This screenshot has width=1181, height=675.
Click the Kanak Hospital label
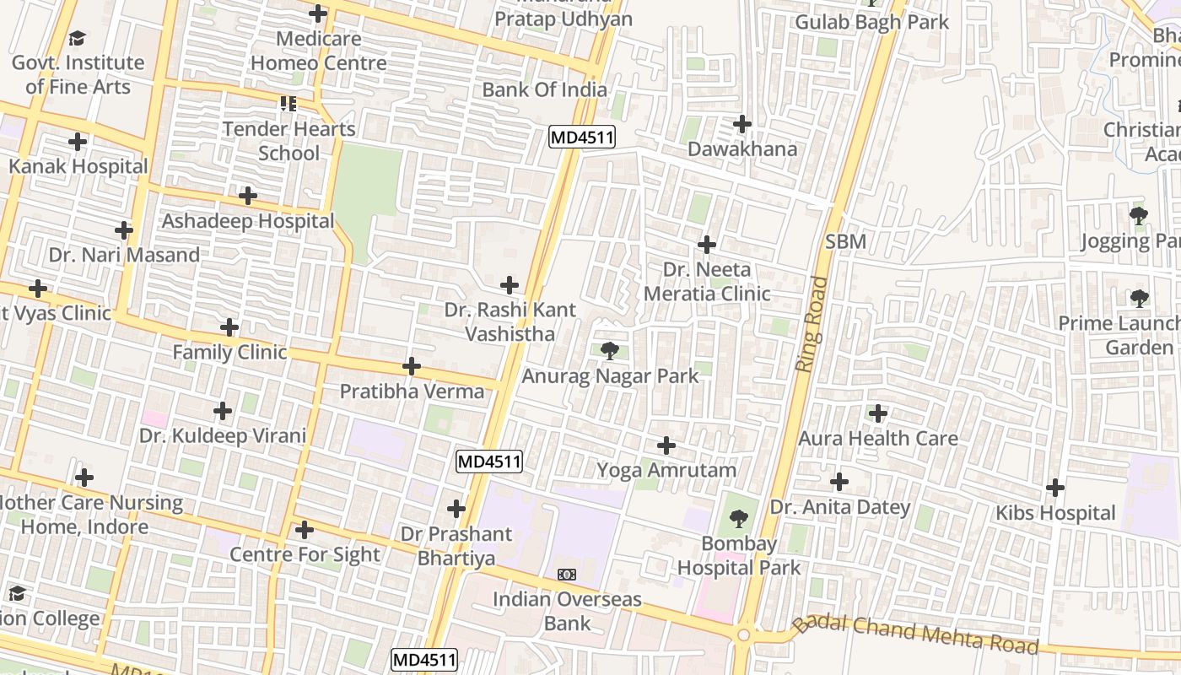[78, 166]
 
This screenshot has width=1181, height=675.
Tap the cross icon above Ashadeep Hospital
[247, 196]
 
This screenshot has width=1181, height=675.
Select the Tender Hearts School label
[289, 141]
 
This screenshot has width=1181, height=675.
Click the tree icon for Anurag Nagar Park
[610, 350]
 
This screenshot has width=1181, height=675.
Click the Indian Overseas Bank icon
[567, 575]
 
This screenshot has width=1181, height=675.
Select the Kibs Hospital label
[1054, 513]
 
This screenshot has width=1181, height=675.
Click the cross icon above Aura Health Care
[878, 413]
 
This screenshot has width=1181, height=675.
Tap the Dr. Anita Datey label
[839, 507]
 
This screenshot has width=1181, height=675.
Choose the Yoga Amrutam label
[666, 470]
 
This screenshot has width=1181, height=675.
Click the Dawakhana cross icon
[741, 124]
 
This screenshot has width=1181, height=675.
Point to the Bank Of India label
[544, 89]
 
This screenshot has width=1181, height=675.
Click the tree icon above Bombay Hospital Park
[738, 518]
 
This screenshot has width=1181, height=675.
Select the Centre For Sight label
[305, 554]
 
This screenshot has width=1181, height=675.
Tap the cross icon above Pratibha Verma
[412, 366]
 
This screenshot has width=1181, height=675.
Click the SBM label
[845, 242]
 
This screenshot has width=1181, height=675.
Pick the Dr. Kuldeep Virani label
[222, 436]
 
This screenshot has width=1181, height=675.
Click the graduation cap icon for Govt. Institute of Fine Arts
[78, 38]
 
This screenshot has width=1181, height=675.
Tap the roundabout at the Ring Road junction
[743, 634]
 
